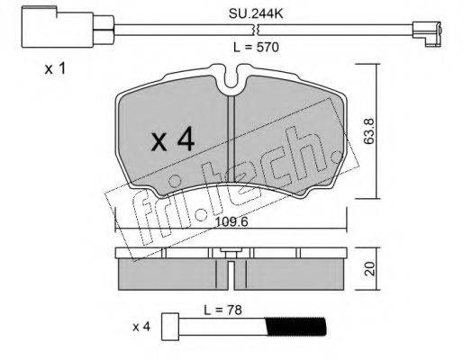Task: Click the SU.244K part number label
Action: coord(256,13)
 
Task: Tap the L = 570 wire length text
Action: coord(256,47)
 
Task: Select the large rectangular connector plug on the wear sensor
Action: coord(58,27)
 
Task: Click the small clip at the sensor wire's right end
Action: coord(427,33)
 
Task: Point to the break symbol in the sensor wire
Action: coord(256,30)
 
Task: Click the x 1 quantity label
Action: coord(55,69)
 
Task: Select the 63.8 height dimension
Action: coord(369,131)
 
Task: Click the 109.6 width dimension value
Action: coord(231,222)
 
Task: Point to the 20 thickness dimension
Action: coord(370,268)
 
